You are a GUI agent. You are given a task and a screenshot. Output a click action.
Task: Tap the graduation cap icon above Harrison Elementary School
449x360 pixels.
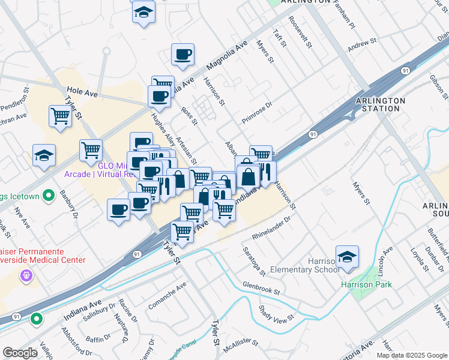point(347,257)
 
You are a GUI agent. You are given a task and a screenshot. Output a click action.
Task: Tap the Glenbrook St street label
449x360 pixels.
point(261,287)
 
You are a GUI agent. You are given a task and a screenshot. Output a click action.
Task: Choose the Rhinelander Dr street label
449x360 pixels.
point(271,227)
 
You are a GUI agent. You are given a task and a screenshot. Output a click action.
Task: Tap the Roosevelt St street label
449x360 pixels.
point(300,32)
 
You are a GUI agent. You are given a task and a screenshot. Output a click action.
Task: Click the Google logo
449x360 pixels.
point(20,352)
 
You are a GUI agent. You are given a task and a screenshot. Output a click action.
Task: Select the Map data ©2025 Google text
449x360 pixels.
point(412,355)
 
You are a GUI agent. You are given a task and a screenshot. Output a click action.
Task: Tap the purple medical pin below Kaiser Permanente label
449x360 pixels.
point(26,276)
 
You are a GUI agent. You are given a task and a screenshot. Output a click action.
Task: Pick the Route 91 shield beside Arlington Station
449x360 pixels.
point(406,71)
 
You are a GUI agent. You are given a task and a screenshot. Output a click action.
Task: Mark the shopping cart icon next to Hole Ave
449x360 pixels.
point(61,116)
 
